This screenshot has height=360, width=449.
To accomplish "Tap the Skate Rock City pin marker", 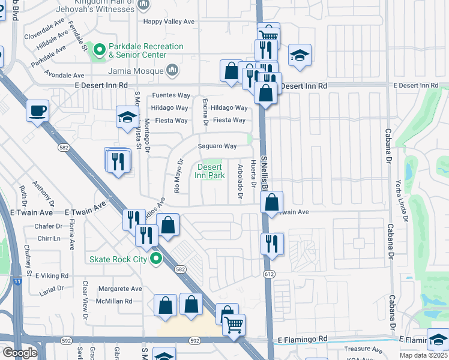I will click(x=157, y=259).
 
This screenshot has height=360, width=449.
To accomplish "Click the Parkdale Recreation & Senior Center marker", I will click(x=98, y=50).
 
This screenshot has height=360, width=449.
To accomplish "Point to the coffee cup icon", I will click(x=38, y=110).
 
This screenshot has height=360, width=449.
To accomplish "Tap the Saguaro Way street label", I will click(x=217, y=146).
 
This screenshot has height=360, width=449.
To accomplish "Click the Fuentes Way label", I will click(x=171, y=95).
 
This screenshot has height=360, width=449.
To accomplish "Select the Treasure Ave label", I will click(x=363, y=349).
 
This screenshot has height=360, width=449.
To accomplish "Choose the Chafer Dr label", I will click(x=49, y=226).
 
